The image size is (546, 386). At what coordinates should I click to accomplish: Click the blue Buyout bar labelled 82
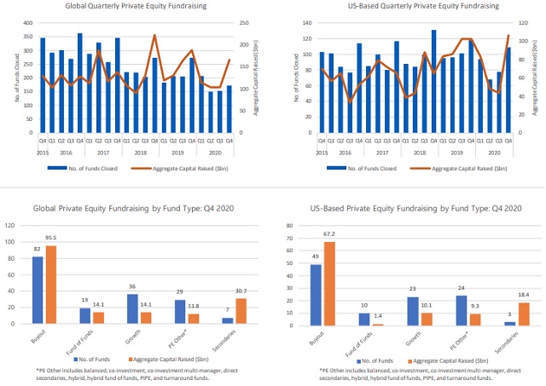37,290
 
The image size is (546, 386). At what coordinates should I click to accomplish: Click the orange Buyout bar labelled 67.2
328,283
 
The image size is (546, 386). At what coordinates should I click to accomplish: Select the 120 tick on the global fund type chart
11,225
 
